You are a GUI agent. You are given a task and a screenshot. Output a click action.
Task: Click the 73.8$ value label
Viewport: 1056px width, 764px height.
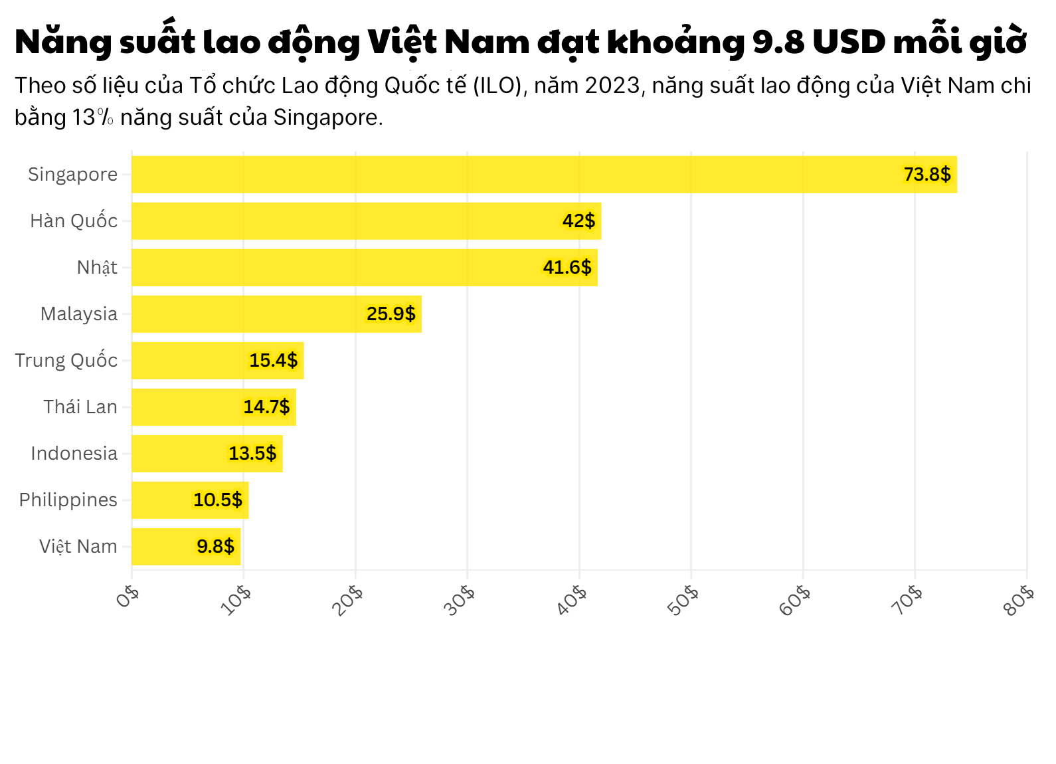[927, 175]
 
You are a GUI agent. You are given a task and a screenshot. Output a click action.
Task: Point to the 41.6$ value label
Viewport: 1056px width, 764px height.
[567, 268]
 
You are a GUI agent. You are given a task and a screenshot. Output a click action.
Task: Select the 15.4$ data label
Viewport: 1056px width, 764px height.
[273, 361]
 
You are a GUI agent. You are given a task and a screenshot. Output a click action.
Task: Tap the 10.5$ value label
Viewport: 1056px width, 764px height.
[218, 500]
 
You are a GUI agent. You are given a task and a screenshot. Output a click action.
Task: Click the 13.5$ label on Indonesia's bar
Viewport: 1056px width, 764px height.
[252, 454]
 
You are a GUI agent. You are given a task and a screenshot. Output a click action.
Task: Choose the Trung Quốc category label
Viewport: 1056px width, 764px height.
[66, 361]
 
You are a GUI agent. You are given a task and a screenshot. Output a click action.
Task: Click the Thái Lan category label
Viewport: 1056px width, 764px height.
[80, 407]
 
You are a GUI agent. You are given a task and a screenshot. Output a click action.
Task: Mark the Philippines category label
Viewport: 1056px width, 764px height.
[68, 500]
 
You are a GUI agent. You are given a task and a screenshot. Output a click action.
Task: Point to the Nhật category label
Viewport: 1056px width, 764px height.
[97, 268]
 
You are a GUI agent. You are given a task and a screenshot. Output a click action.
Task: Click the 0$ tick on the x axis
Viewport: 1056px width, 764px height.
[128, 596]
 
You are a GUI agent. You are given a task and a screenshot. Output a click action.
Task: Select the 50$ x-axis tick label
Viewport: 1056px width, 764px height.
[683, 600]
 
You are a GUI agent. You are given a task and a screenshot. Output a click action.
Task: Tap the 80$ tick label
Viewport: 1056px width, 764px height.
[1019, 600]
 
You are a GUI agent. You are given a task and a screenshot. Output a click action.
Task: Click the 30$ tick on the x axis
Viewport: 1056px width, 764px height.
[460, 600]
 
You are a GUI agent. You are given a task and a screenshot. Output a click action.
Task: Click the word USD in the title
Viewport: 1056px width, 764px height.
[849, 42]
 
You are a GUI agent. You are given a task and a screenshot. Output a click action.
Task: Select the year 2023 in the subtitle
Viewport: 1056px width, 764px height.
[613, 86]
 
